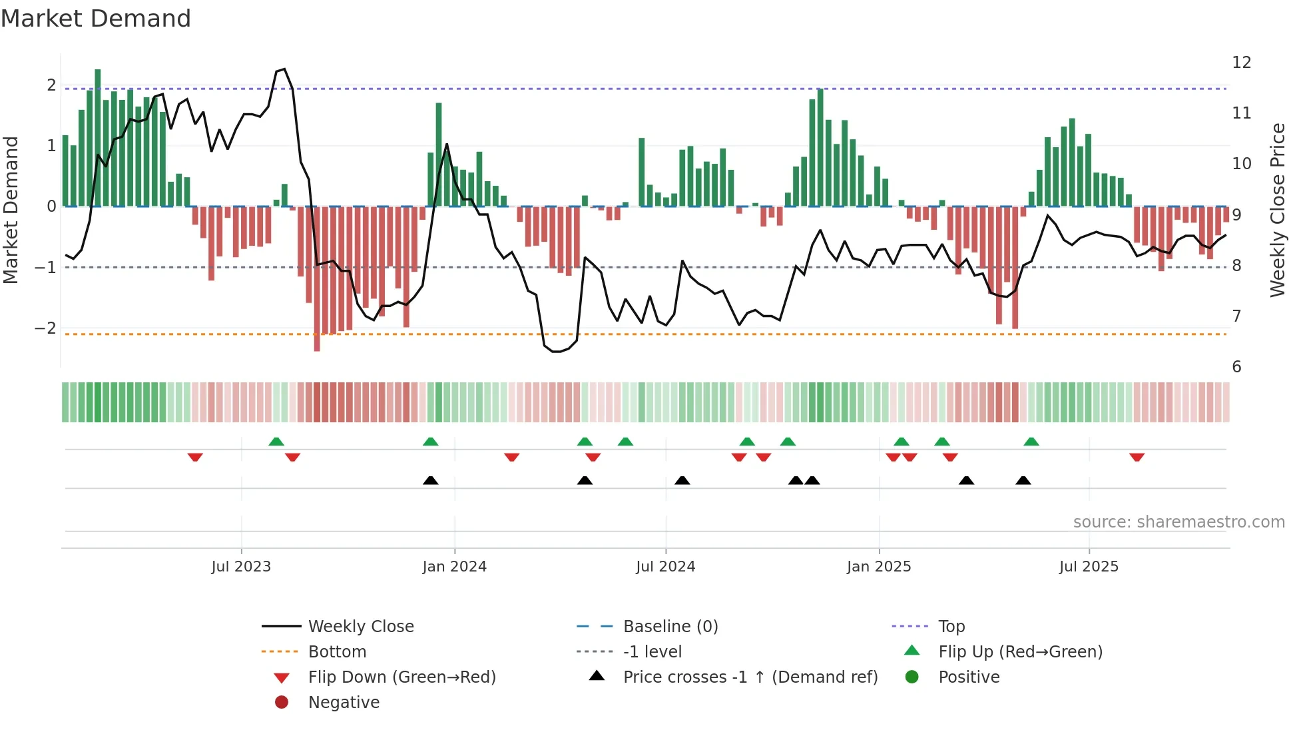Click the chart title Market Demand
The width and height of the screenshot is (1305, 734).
(x=96, y=19)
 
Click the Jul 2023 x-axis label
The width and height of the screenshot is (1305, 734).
(x=241, y=567)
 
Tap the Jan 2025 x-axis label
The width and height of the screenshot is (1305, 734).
(x=879, y=567)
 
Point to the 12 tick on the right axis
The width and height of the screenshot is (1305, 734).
(x=1241, y=63)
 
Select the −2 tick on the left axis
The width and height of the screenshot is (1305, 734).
(x=45, y=328)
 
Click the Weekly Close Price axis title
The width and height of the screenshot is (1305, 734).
(x=1277, y=210)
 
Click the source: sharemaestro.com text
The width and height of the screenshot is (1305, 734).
(x=1178, y=522)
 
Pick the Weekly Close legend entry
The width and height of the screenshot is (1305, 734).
(x=360, y=627)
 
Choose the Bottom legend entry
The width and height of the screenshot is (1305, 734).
(x=337, y=652)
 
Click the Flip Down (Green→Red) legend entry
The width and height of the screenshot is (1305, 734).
(x=401, y=677)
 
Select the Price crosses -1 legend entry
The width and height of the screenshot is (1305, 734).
(x=750, y=677)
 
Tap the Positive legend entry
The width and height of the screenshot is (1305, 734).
(x=968, y=677)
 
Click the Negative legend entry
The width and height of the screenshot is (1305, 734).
(x=344, y=703)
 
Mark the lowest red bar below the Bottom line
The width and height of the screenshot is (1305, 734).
(x=317, y=280)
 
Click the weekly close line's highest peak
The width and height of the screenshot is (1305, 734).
(x=284, y=69)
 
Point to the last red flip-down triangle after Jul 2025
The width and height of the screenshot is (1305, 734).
(x=1137, y=458)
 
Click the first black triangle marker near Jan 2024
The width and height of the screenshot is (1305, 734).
(x=431, y=480)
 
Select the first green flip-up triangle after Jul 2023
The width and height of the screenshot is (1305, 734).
(x=276, y=442)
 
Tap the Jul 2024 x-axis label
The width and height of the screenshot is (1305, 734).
(x=665, y=567)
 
